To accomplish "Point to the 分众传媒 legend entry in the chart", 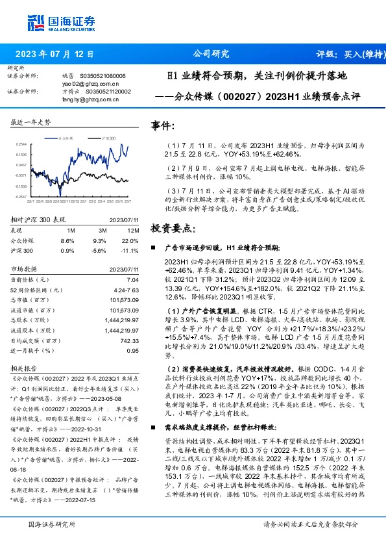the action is (67, 139).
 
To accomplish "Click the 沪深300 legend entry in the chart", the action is (110, 139).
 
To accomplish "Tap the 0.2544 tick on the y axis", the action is (21, 144).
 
